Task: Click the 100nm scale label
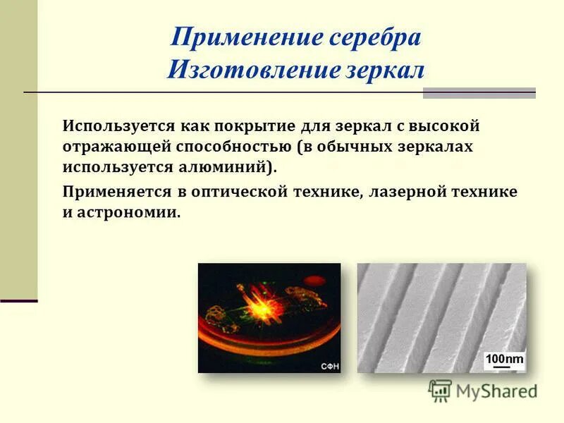pos(505,359)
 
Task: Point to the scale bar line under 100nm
pos(498,367)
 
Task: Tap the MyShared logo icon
pos(440,391)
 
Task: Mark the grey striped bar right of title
pos(479,93)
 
